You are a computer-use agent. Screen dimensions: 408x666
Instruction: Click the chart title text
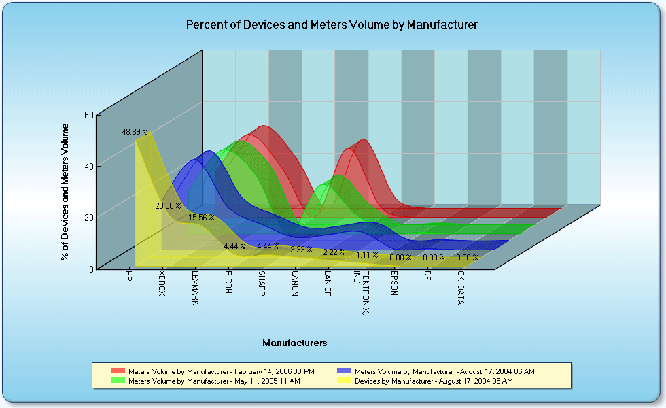332,25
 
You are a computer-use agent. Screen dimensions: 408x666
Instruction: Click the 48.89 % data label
135,131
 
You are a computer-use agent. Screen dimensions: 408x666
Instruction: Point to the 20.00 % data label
168,205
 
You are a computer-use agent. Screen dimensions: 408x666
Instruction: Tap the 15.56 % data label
201,218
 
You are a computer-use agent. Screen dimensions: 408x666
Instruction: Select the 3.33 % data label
301,250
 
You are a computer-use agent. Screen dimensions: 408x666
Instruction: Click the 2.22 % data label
334,252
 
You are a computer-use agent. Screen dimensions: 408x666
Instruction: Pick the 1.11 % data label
367,255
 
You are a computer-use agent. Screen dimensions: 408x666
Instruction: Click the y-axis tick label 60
88,115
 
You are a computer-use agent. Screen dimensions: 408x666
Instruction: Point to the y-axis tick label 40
88,166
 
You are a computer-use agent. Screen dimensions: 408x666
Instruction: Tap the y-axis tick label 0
90,269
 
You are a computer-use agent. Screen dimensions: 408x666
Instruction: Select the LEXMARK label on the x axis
194,289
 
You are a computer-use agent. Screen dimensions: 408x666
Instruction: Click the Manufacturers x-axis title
295,343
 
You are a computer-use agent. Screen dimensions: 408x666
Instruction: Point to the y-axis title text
65,192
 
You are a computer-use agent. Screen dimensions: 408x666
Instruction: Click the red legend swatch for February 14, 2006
118,371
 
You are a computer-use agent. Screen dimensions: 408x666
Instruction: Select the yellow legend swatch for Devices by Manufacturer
345,381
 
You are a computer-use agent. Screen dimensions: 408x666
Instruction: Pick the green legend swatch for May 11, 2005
118,381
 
